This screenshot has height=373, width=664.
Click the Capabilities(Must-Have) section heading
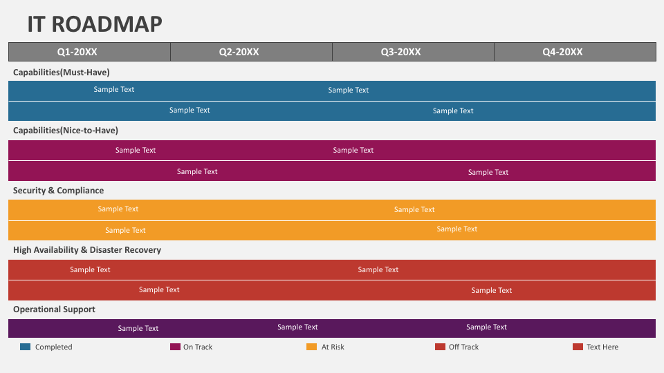tap(62, 73)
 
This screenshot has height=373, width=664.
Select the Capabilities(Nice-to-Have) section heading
tap(66, 131)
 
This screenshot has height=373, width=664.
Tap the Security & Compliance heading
tap(58, 191)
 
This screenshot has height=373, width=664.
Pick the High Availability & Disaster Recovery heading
tap(87, 250)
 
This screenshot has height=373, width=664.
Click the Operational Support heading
tap(54, 309)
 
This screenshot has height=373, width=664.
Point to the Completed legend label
tap(54, 347)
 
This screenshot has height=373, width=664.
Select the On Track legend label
tap(198, 347)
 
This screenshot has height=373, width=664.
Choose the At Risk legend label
tap(333, 347)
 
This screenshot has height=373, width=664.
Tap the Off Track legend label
tap(463, 347)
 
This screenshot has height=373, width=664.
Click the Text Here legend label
tap(602, 347)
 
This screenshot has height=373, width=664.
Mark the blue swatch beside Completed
tap(26, 347)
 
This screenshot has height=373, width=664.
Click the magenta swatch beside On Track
tap(175, 347)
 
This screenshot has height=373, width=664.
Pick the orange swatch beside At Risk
tap(312, 347)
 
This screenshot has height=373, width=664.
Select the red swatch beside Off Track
tap(441, 347)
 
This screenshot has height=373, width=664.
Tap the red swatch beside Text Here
tap(578, 347)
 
